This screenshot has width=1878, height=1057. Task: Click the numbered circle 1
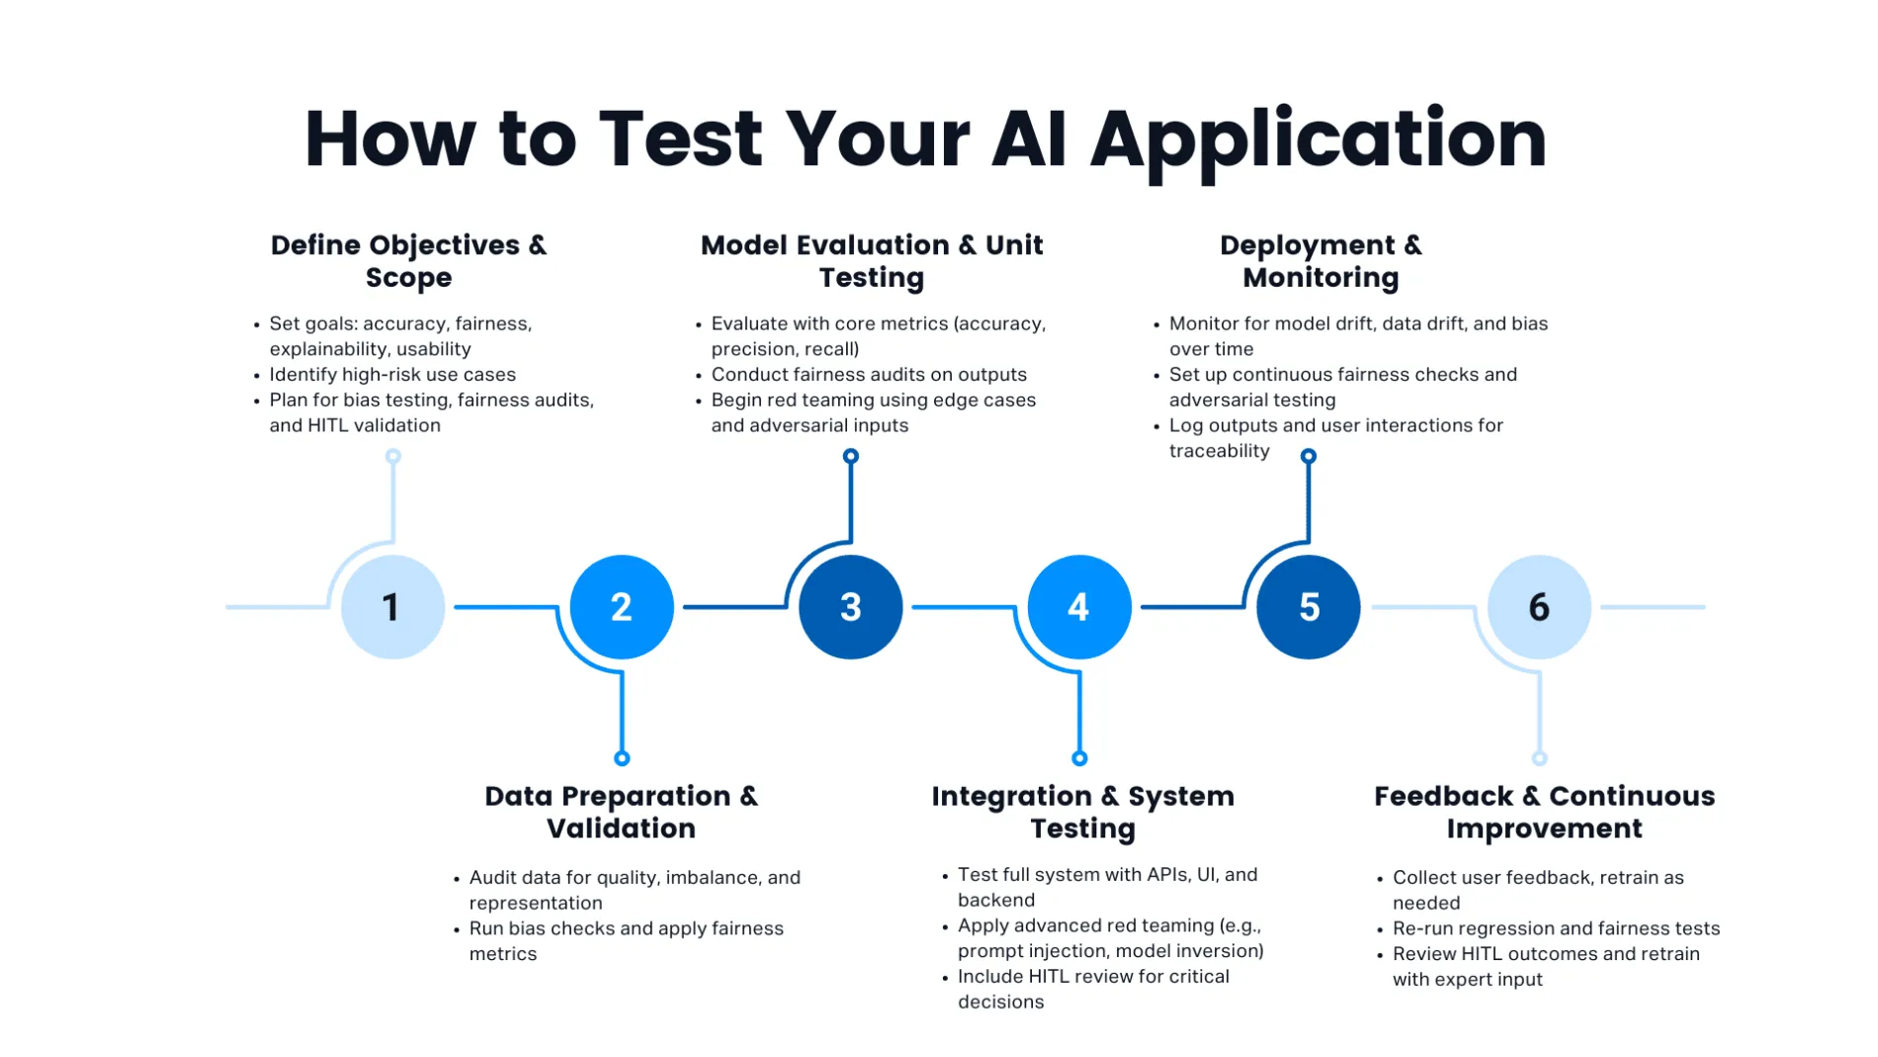tap(392, 607)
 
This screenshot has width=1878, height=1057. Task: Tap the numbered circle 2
tap(622, 607)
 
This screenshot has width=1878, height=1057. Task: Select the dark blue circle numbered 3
tap(850, 607)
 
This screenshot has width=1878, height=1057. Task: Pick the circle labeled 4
tap(1079, 607)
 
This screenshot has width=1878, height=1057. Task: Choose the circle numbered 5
tap(1308, 607)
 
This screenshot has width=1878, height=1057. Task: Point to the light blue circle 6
tap(1539, 607)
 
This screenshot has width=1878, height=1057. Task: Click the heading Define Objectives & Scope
tap(408, 261)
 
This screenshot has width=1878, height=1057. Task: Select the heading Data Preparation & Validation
tap(621, 812)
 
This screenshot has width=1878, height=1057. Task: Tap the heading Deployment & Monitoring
tap(1321, 261)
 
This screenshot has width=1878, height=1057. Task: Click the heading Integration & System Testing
tap(1082, 812)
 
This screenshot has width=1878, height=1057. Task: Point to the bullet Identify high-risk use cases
tap(392, 375)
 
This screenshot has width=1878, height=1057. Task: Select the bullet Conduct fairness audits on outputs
tap(868, 375)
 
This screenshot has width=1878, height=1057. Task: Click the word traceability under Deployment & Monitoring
tap(1219, 451)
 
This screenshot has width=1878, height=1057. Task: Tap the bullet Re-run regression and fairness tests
tap(1556, 928)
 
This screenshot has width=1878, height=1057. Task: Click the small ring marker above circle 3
tap(850, 456)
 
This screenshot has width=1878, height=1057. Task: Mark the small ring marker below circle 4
tap(1079, 758)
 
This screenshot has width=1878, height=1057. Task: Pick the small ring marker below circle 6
tap(1539, 758)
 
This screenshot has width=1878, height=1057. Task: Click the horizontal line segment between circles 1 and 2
tap(504, 607)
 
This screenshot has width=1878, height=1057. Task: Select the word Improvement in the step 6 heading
tap(1544, 829)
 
